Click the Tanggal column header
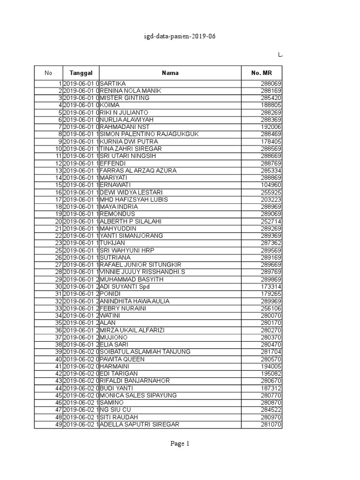(x=81, y=73)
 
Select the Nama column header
(x=170, y=73)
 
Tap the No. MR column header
(x=262, y=73)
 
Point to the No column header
(x=48, y=73)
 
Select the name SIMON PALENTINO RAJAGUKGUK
(x=150, y=134)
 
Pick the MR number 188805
(x=271, y=105)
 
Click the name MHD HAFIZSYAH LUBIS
(x=133, y=200)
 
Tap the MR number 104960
(x=271, y=185)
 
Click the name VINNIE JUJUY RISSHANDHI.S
(x=142, y=272)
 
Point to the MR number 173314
(x=271, y=286)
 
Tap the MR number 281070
(x=271, y=425)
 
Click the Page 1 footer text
(x=180, y=444)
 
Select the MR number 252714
(x=271, y=221)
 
